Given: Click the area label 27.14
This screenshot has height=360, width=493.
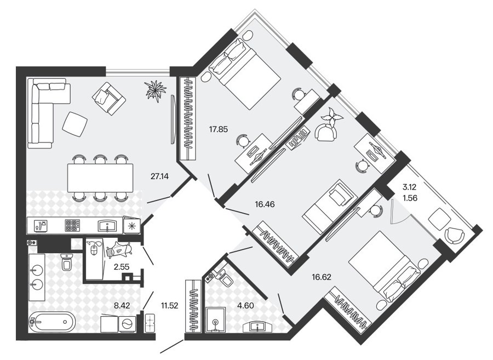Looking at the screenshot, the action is (159, 176).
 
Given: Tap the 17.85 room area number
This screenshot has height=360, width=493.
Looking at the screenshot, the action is (218, 129).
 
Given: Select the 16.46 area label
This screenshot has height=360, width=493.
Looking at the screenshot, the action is (265, 204).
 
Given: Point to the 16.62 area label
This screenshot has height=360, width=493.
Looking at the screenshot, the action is (322, 277).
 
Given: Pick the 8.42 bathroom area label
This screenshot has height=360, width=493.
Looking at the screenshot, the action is (122, 305).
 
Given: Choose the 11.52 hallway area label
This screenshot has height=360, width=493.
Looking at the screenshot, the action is (169, 305).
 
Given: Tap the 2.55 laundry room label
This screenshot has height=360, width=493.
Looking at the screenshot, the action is (122, 267).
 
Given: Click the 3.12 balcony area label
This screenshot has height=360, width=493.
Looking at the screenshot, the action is (409, 187).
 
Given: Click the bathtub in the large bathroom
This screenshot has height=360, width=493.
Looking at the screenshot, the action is (52, 322).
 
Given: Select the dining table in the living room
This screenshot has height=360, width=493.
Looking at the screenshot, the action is (100, 178).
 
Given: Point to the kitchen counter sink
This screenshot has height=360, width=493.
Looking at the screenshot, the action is (107, 225).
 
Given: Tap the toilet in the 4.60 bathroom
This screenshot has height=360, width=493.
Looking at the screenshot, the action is (224, 277).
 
